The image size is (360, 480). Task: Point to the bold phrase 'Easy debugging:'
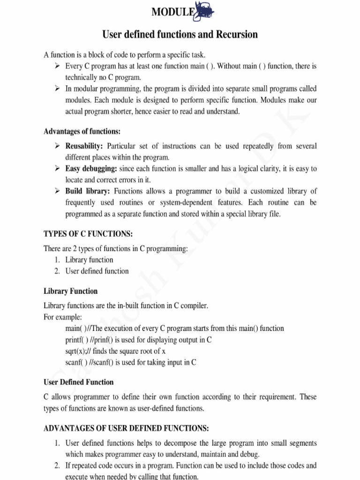pos(91,168)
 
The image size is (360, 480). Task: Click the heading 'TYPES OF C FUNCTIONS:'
pos(88,233)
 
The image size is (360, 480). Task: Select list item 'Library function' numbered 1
pos(89,260)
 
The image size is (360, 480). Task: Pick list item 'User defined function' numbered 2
pos(97,271)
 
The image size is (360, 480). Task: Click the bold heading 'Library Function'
pos(70,291)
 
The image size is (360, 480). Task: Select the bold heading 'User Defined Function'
pos(78,382)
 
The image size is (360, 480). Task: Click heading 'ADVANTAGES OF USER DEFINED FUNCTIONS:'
pos(126,428)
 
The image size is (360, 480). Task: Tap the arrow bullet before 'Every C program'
pos(57,66)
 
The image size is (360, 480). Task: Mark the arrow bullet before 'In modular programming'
pos(57,89)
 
